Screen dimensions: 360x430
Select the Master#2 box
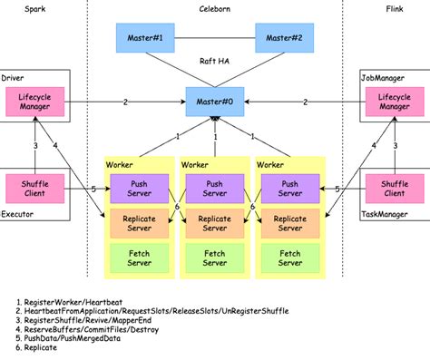pyautogui.click(x=284, y=39)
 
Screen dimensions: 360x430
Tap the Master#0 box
pyautogui.click(x=214, y=102)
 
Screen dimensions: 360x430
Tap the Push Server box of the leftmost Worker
pyautogui.click(x=138, y=190)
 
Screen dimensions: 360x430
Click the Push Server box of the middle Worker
pyautogui.click(x=214, y=190)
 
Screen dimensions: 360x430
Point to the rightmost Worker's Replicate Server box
pyautogui.click(x=290, y=224)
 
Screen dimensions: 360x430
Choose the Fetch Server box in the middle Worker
pyautogui.click(x=214, y=258)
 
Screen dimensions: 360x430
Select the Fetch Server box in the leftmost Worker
pyautogui.click(x=138, y=258)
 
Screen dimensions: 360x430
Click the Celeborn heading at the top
pyautogui.click(x=214, y=7)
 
